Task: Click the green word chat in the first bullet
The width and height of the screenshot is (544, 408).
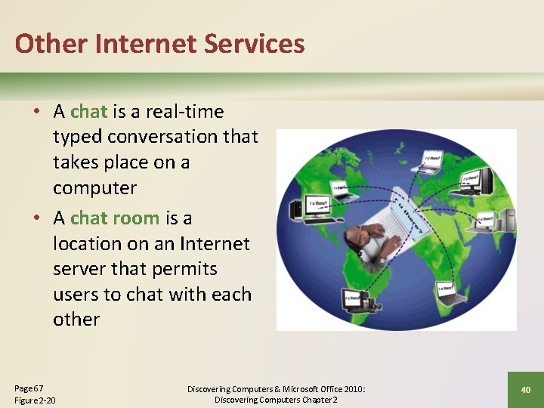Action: (88, 112)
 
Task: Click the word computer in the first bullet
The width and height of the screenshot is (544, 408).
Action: (94, 187)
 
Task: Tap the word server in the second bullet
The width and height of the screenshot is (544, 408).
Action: (79, 269)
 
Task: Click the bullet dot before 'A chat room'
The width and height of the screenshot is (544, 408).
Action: (36, 218)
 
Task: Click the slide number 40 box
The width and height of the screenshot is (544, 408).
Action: (525, 389)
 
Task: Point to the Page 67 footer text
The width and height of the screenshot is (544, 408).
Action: (29, 387)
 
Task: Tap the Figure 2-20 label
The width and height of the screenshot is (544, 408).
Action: (35, 400)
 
